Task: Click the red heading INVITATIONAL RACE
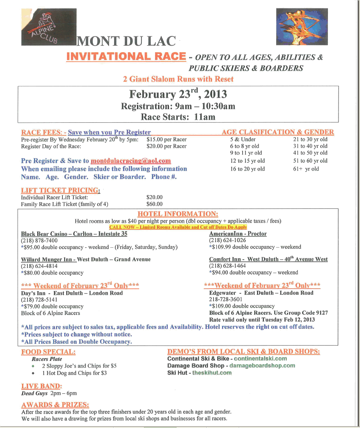point(126,57)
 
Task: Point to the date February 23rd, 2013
point(177,94)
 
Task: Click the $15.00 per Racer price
point(166,139)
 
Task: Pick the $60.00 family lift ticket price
point(154,204)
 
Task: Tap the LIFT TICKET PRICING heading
point(61,190)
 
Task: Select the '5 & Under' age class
point(243,139)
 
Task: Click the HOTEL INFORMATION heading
point(178,214)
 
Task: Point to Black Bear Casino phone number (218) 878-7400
point(39,241)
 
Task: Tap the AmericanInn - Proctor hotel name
point(238,234)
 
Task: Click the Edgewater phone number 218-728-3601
point(227,300)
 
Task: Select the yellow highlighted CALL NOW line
point(178,227)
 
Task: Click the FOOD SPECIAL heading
point(48,352)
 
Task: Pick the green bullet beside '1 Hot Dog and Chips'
point(34,373)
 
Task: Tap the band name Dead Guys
point(35,393)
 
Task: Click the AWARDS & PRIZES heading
point(55,404)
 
